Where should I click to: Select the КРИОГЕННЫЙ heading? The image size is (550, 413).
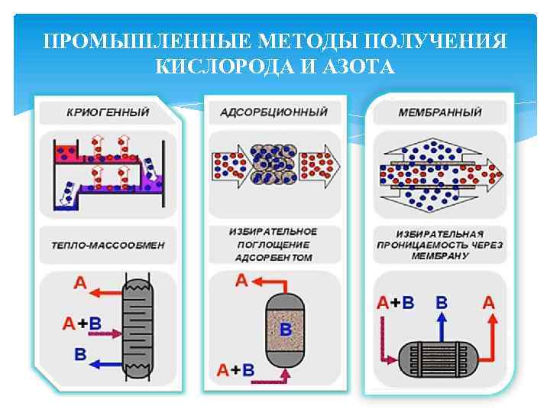click(107, 112)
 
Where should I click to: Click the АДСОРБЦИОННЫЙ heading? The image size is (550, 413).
click(273, 112)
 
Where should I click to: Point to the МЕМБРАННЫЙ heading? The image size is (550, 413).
click(440, 112)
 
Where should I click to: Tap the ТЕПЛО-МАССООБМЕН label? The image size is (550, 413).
click(107, 246)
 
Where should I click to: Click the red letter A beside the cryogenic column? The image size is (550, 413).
click(79, 284)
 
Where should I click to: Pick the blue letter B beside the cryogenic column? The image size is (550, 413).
click(80, 353)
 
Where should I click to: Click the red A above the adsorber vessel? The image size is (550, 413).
click(241, 281)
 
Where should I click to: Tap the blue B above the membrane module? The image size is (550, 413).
click(441, 302)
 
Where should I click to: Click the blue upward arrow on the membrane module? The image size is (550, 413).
click(441, 327)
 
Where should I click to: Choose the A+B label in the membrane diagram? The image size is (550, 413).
click(396, 302)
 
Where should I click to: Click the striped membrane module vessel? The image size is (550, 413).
click(441, 357)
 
